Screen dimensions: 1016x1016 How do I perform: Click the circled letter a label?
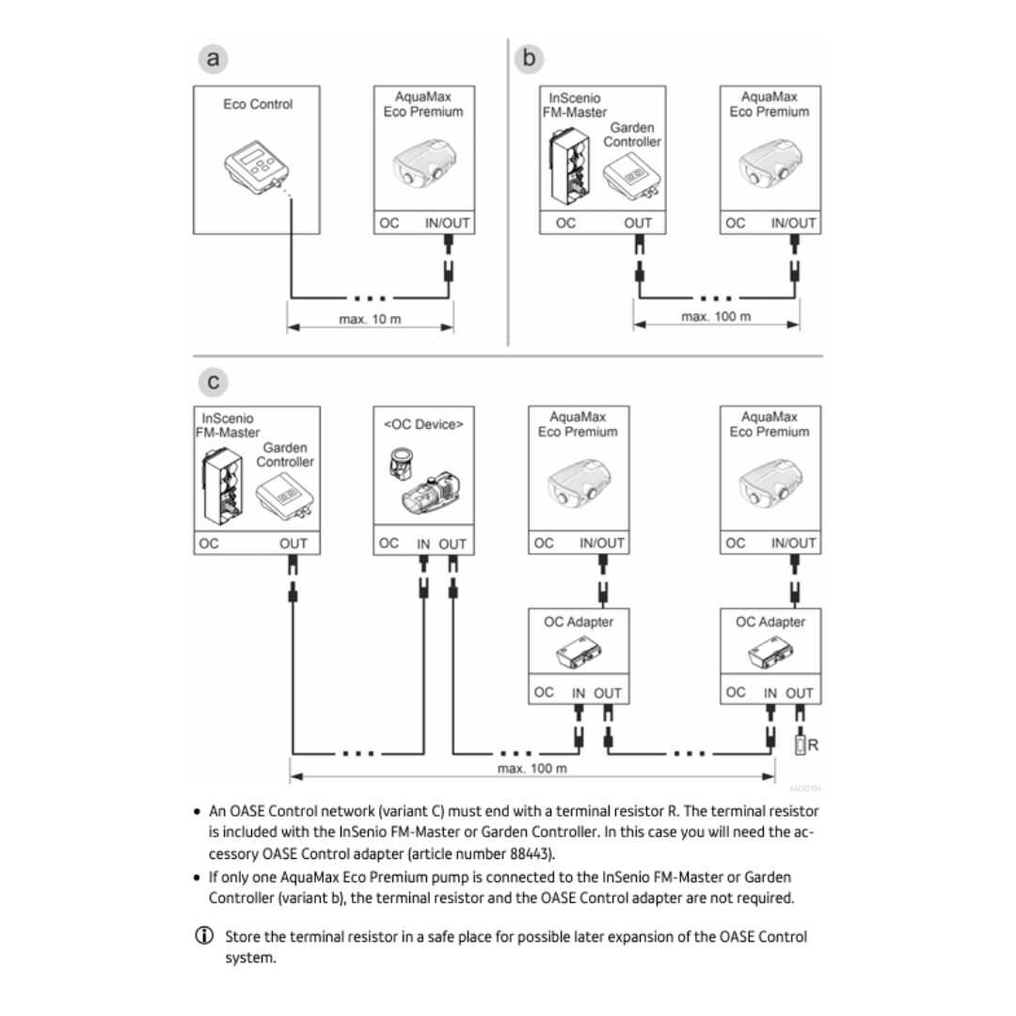pyautogui.click(x=214, y=59)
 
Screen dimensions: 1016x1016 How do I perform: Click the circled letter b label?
pyautogui.click(x=530, y=59)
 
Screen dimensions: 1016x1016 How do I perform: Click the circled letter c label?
pyautogui.click(x=214, y=381)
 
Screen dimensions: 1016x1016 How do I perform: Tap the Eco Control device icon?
pyautogui.click(x=256, y=169)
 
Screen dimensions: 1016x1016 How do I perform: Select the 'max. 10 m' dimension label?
pyautogui.click(x=370, y=319)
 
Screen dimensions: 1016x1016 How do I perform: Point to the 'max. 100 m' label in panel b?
pyautogui.click(x=716, y=317)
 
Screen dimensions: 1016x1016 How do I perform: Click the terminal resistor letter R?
pyautogui.click(x=813, y=745)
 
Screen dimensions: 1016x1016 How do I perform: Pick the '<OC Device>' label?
pyautogui.click(x=423, y=424)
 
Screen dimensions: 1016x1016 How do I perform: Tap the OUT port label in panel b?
pyautogui.click(x=638, y=223)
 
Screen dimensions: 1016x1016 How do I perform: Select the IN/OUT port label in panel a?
pyautogui.click(x=448, y=223)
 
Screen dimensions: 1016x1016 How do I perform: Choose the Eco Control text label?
pyautogui.click(x=258, y=104)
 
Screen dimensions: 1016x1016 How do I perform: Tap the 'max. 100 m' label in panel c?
pyautogui.click(x=532, y=769)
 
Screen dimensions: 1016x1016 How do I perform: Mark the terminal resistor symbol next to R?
pyautogui.click(x=800, y=745)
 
